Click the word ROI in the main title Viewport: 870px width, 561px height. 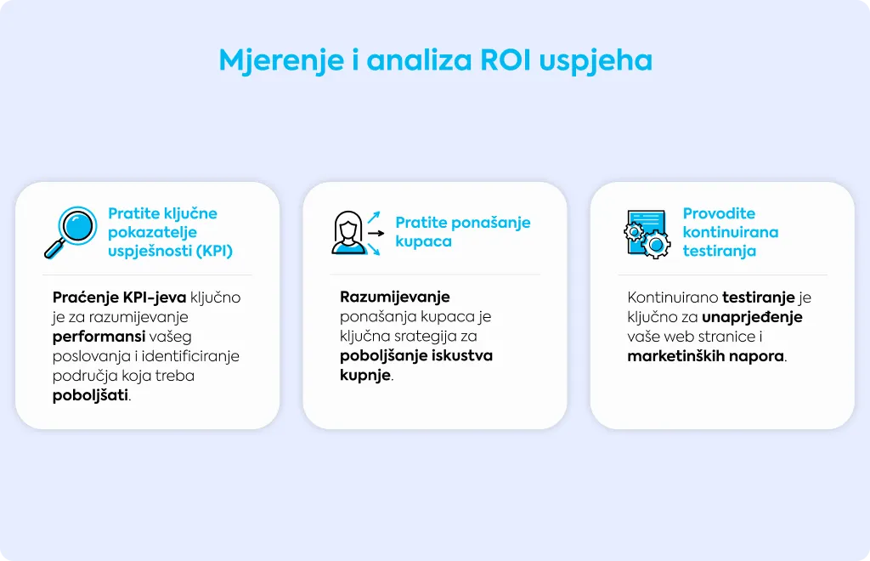pyautogui.click(x=505, y=60)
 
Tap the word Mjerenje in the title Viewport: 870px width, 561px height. pyautogui.click(x=280, y=61)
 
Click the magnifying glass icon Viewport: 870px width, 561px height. pyautogui.click(x=71, y=232)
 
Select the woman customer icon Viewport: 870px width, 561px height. pyautogui.click(x=347, y=233)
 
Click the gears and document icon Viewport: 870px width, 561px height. pyautogui.click(x=647, y=234)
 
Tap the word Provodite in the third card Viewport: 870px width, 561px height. pyautogui.click(x=719, y=213)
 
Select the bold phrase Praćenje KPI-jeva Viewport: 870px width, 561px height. pyautogui.click(x=119, y=298)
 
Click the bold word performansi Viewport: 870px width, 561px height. pyautogui.click(x=99, y=337)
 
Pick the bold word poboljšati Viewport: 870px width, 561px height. pyautogui.click(x=90, y=395)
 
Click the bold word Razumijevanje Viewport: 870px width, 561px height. pyautogui.click(x=394, y=297)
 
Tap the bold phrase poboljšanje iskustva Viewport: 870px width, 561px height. pyautogui.click(x=416, y=355)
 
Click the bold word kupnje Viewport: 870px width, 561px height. pyautogui.click(x=365, y=376)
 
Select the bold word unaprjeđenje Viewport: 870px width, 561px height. pyautogui.click(x=752, y=317)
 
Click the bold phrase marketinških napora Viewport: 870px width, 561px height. pyautogui.click(x=706, y=356)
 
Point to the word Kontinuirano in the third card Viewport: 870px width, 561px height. pyautogui.click(x=673, y=297)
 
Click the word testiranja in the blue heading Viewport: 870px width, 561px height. pyautogui.click(x=719, y=251)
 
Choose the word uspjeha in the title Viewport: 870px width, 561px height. pyautogui.click(x=596, y=61)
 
